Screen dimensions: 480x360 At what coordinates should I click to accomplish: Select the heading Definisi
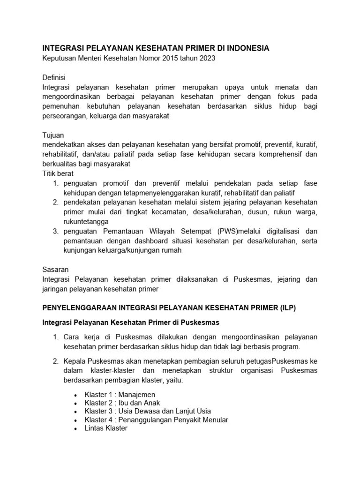[54, 77]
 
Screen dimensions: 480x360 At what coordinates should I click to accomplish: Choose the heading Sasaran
[55, 270]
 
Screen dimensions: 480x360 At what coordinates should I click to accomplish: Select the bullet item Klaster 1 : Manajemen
[120, 395]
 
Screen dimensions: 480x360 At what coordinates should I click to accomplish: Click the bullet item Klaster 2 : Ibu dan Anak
[122, 403]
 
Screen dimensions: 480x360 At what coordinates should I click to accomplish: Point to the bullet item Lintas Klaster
[105, 428]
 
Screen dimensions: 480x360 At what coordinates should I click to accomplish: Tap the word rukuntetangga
[86, 221]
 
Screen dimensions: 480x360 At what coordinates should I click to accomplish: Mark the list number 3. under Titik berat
[55, 231]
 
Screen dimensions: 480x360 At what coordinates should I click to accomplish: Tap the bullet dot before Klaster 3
[76, 412]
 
